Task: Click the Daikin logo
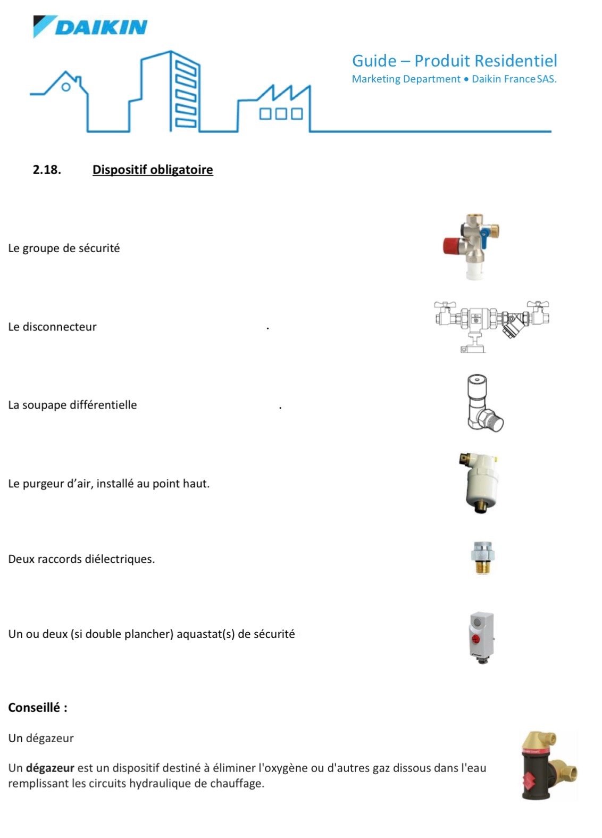pyautogui.click(x=90, y=27)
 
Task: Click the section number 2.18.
pyautogui.click(x=47, y=170)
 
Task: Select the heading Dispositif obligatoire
pyautogui.click(x=153, y=170)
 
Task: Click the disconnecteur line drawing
pyautogui.click(x=491, y=325)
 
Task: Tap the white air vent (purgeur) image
pyautogui.click(x=480, y=482)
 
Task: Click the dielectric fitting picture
pyautogui.click(x=482, y=558)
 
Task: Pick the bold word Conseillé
pyautogui.click(x=35, y=708)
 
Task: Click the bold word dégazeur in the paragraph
pyautogui.click(x=50, y=768)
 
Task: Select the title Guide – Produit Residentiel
pyautogui.click(x=454, y=61)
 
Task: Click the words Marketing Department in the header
pyautogui.click(x=406, y=79)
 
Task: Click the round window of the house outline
pyautogui.click(x=66, y=87)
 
